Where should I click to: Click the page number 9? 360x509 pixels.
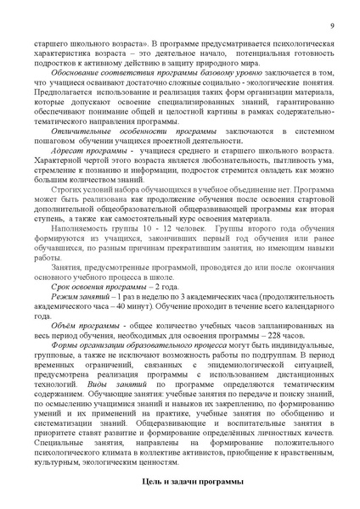(x=331, y=25)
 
